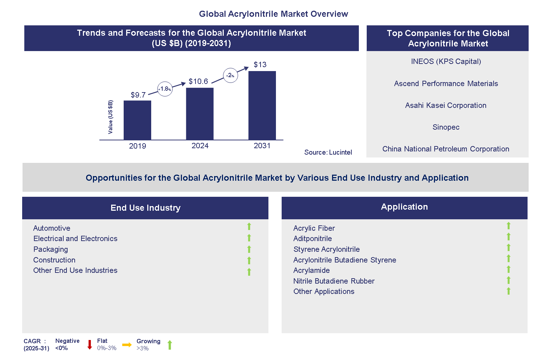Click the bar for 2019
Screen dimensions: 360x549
coord(137,120)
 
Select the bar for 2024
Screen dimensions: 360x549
coord(200,114)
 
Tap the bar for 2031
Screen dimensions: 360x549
coord(262,105)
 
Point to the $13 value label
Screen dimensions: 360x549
coord(260,65)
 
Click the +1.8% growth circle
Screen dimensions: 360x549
coord(165,89)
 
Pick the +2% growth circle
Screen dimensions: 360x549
coord(230,75)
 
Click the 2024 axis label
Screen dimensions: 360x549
coord(200,146)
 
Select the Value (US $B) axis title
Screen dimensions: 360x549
coord(110,117)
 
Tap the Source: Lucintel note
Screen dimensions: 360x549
coord(328,152)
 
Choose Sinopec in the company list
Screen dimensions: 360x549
coord(446,127)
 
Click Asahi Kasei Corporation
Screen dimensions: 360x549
coord(446,105)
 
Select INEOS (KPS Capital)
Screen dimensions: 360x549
coord(446,61)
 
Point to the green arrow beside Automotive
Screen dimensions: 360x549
coord(249,226)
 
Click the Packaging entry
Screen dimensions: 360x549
coord(50,249)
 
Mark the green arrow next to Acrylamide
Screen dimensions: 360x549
coord(508,269)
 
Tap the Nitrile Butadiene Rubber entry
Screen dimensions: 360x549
coord(334,281)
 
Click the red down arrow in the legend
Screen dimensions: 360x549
coord(90,345)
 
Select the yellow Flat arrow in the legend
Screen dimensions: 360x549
coord(127,345)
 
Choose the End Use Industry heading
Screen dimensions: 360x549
coord(145,208)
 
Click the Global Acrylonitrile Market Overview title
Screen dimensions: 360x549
coord(273,14)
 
